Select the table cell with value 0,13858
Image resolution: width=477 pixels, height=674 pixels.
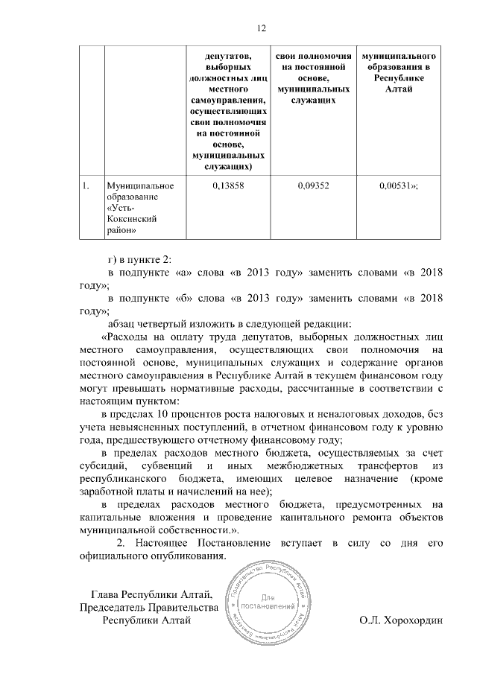click(228, 186)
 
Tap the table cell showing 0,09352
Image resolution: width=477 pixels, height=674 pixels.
click(313, 186)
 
